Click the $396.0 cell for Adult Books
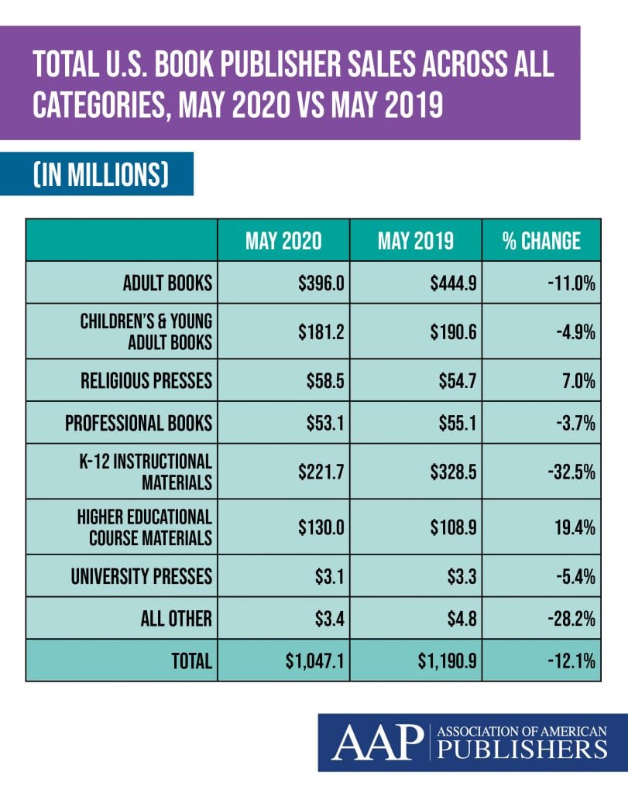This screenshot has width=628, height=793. (321, 283)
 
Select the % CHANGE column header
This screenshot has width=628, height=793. (540, 241)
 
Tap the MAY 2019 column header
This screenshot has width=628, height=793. (415, 241)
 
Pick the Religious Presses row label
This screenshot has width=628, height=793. (146, 381)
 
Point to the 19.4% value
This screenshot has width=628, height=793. (574, 528)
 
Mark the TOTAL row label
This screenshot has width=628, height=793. (190, 661)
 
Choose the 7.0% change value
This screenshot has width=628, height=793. (577, 381)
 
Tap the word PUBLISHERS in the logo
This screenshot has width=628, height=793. (521, 749)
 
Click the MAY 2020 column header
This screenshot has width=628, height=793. (283, 241)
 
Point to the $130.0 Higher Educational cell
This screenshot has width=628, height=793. (321, 528)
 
